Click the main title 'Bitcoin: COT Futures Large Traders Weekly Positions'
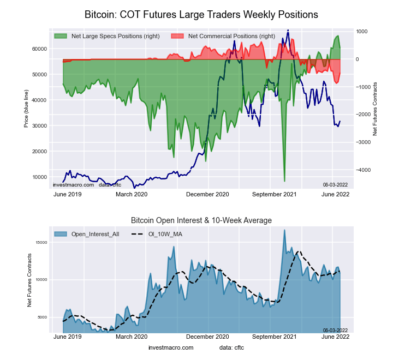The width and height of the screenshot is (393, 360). (x=201, y=14)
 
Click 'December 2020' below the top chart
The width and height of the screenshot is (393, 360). (x=208, y=194)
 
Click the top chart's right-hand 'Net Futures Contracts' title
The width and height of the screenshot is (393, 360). (x=376, y=108)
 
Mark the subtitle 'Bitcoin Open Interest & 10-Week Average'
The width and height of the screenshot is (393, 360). (x=201, y=220)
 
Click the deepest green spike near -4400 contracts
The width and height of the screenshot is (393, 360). (x=284, y=181)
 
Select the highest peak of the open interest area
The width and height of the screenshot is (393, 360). (x=284, y=230)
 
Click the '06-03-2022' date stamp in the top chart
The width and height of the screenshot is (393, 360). (x=335, y=185)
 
